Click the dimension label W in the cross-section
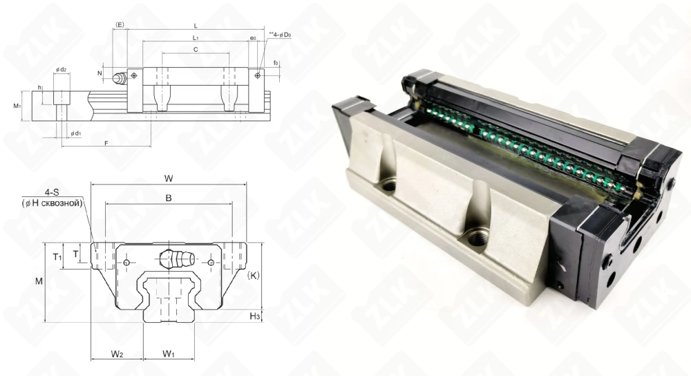[168, 178]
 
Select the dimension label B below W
[168, 198]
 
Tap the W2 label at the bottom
[117, 354]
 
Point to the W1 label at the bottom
[169, 354]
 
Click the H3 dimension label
[254, 316]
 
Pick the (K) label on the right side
[253, 275]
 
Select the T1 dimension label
[58, 257]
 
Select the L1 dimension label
[196, 37]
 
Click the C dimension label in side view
[196, 50]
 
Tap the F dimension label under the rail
[105, 142]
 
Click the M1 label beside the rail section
[17, 106]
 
